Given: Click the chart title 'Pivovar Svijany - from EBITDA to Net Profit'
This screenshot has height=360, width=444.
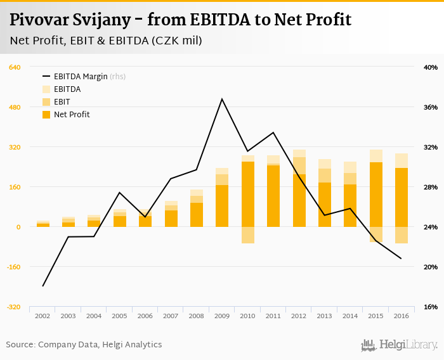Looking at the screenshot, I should click(x=181, y=20).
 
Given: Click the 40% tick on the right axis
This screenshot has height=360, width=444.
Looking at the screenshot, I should click(x=431, y=67).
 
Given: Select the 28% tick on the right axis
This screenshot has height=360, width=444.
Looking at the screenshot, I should click(x=431, y=187).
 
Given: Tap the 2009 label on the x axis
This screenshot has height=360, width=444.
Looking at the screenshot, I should click(x=222, y=316).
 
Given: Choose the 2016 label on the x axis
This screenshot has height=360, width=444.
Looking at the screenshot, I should click(x=401, y=316).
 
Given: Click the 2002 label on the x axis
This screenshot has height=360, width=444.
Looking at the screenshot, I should click(x=43, y=316).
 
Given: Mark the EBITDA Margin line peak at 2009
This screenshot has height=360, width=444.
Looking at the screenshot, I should click(x=222, y=99).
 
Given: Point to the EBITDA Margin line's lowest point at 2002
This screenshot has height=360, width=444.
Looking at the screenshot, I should click(x=43, y=286).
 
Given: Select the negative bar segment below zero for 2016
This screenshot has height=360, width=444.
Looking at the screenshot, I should click(x=401, y=235).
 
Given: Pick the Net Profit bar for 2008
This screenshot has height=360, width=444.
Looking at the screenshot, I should click(x=197, y=215).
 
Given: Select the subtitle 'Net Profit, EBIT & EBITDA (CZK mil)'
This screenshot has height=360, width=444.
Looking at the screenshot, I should click(x=107, y=41).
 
